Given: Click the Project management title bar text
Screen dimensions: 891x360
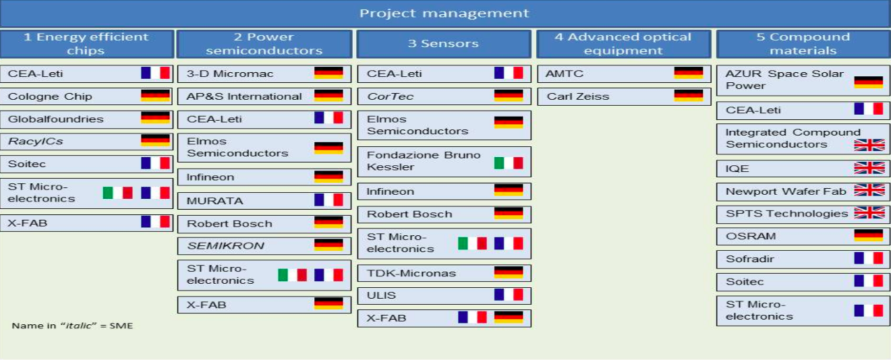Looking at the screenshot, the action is [x=444, y=13].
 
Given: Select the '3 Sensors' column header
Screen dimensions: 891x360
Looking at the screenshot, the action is [x=444, y=43].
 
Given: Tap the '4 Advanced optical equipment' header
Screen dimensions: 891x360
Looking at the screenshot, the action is [x=623, y=43].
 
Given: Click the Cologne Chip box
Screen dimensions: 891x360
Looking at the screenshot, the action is [x=86, y=96].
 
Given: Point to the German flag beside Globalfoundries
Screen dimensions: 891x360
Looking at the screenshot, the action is [x=155, y=118].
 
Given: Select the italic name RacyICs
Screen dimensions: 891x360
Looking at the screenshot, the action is [x=35, y=141].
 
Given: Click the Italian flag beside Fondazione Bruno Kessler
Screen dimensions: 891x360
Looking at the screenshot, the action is [x=509, y=162].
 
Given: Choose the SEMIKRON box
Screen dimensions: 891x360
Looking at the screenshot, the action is [x=264, y=246].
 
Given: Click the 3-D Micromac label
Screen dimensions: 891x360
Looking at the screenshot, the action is [x=230, y=73].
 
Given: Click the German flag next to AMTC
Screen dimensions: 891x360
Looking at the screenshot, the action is [x=689, y=73].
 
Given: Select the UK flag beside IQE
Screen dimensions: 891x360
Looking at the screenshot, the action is [x=869, y=168].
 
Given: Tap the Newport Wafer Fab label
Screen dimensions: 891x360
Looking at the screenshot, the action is [x=786, y=191].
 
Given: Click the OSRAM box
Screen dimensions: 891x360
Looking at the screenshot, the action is [x=803, y=236].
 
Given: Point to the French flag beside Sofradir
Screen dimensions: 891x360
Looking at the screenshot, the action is [x=869, y=258].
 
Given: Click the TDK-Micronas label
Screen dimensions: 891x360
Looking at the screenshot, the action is [x=411, y=273].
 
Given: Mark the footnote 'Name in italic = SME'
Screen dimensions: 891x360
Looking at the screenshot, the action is [x=72, y=326].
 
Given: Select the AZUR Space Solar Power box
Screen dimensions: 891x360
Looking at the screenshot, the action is [x=803, y=80].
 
